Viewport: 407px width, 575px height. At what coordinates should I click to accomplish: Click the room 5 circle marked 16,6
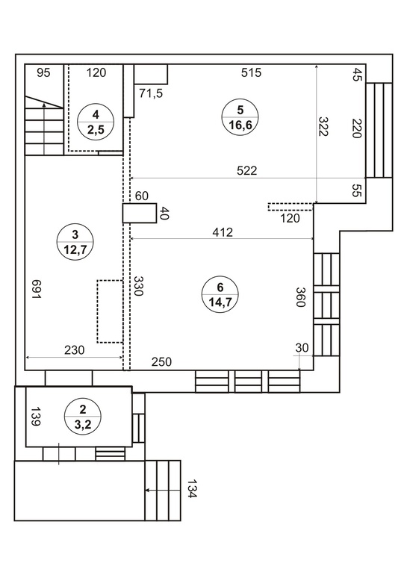point(240,118)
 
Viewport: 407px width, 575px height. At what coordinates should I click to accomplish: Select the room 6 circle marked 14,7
point(220,294)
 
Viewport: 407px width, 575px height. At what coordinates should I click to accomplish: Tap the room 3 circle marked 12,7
point(75,243)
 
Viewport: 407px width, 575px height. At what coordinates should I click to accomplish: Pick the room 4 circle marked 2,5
point(96,122)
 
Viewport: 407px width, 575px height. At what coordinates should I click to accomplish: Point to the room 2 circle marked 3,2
point(83,417)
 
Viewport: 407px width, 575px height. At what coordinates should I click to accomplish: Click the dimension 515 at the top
point(251,72)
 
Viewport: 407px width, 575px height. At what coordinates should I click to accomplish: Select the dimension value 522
point(246,170)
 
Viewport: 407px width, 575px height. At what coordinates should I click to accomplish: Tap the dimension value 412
point(223,232)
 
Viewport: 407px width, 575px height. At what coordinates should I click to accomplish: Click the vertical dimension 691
point(36,289)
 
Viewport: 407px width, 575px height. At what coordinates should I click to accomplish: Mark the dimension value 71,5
point(151,93)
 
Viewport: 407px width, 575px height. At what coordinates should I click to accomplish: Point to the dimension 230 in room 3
point(75,350)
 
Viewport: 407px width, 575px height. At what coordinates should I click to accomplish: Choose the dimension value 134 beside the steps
point(192,489)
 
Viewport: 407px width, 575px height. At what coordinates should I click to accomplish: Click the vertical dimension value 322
point(323,126)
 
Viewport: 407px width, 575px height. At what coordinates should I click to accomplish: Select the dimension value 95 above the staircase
point(43,72)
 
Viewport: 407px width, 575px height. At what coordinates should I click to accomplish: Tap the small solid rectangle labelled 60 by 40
point(140,213)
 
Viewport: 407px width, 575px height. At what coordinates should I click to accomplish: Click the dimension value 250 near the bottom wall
point(161,362)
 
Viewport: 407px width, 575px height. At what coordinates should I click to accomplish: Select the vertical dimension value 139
point(35,417)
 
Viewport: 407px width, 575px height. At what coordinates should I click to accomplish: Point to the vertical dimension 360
point(300,297)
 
